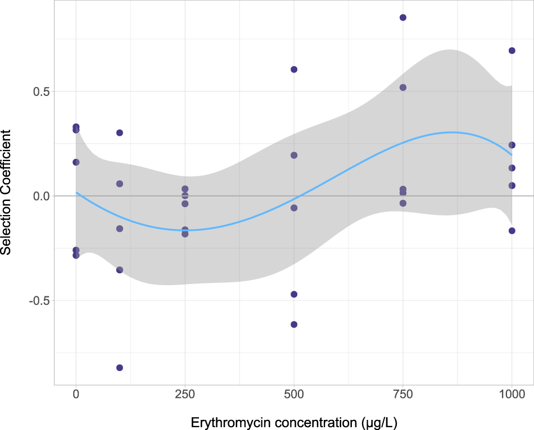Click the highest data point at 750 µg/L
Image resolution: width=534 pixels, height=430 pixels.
[x=402, y=17]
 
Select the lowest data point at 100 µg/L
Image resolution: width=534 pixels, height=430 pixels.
[x=119, y=368]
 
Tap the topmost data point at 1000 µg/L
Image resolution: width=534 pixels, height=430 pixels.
[x=512, y=51]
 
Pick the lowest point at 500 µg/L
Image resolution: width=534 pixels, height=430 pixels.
[x=293, y=324]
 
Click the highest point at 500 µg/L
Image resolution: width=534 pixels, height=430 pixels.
[x=293, y=70]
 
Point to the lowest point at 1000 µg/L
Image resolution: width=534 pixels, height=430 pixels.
[x=512, y=231]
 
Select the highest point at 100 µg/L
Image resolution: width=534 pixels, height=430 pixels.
[x=119, y=132]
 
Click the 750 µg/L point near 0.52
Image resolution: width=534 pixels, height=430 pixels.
[x=402, y=88]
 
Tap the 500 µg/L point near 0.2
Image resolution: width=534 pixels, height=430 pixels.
[x=293, y=155]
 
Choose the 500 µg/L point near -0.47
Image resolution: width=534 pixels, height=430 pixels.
[x=293, y=294]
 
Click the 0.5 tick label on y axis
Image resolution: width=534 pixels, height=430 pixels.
[x=39, y=92]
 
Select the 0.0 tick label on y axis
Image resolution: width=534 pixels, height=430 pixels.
[x=39, y=196]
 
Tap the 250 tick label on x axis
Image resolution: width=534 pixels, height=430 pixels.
[x=185, y=395]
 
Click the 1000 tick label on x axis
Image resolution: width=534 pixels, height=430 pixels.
[x=512, y=395]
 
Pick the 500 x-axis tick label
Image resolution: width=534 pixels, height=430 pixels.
[x=293, y=395]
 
